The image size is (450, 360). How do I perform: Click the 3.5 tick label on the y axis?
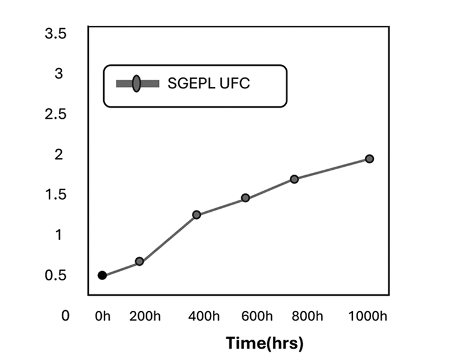55,34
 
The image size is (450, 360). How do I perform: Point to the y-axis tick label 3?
59,74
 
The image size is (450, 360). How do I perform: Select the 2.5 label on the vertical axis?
55,114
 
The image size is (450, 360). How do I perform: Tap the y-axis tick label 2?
59,154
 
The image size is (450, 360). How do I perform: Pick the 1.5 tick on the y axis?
55,194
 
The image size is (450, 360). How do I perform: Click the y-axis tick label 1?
59,235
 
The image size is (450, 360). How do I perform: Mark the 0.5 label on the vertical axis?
55,275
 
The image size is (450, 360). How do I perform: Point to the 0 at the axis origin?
65,316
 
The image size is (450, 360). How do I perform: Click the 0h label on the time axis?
103,316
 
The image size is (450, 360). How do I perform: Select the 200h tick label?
146,316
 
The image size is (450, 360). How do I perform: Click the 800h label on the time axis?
305,316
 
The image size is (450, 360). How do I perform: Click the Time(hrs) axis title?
265,343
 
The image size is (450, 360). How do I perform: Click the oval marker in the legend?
137,84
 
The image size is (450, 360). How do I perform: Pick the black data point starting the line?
102,275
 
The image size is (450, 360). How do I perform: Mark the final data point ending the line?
370,158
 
